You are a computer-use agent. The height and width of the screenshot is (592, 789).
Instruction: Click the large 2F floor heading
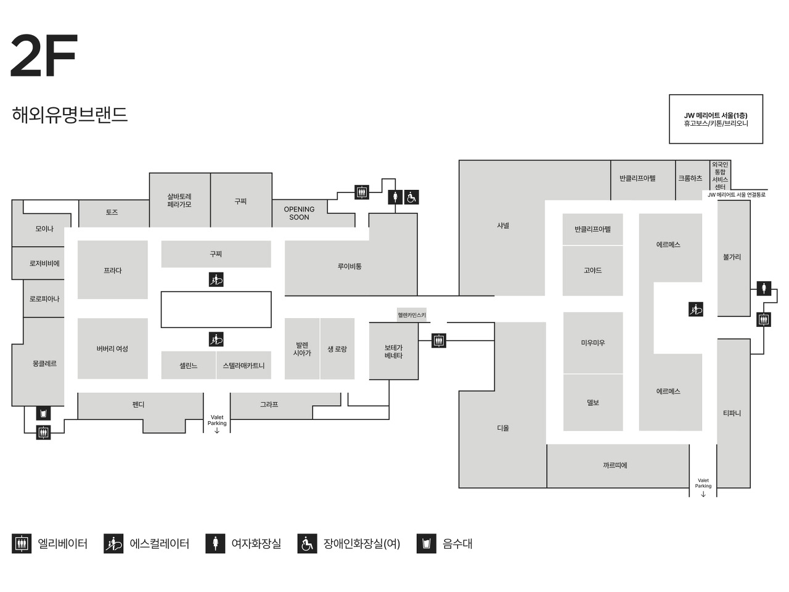click(x=44, y=56)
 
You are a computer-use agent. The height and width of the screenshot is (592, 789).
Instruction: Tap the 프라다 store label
click(x=113, y=271)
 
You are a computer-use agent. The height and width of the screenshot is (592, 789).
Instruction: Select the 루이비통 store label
click(x=350, y=266)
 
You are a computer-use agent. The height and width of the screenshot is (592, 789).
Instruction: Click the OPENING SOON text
click(x=299, y=213)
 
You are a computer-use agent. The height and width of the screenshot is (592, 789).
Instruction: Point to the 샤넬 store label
click(x=503, y=226)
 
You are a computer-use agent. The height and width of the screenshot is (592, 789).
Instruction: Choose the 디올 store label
click(x=503, y=428)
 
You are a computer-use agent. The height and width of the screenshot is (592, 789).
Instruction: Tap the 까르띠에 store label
click(x=615, y=466)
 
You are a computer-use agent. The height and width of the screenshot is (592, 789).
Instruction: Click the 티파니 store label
click(x=732, y=413)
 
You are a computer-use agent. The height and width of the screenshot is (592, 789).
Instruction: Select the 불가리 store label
click(x=732, y=257)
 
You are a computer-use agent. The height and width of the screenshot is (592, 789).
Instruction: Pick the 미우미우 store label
click(x=593, y=343)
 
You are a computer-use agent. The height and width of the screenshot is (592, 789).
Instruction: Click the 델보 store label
click(x=593, y=403)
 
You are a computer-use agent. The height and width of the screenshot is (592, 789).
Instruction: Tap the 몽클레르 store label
click(x=44, y=364)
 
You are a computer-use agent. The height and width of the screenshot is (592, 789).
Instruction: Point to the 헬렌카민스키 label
click(x=412, y=315)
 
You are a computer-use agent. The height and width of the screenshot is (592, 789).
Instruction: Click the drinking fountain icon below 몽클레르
click(x=43, y=413)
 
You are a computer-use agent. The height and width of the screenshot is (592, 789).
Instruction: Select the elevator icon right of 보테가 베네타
click(x=438, y=340)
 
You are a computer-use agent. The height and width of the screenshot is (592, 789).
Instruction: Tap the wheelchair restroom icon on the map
click(x=412, y=197)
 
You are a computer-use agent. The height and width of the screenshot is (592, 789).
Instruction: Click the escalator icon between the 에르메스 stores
click(x=696, y=310)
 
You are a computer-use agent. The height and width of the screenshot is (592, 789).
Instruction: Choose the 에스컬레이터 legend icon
click(x=113, y=544)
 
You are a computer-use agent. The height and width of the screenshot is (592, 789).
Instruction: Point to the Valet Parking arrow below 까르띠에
click(x=703, y=494)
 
